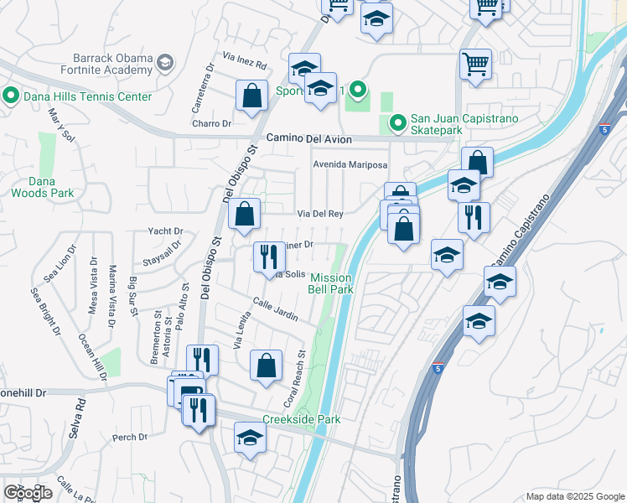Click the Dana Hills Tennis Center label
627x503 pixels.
86,96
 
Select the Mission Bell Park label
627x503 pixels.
333,283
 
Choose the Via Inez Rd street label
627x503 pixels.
244,65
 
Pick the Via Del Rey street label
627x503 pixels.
324,214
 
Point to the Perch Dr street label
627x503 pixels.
130,437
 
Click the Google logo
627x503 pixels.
28,493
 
